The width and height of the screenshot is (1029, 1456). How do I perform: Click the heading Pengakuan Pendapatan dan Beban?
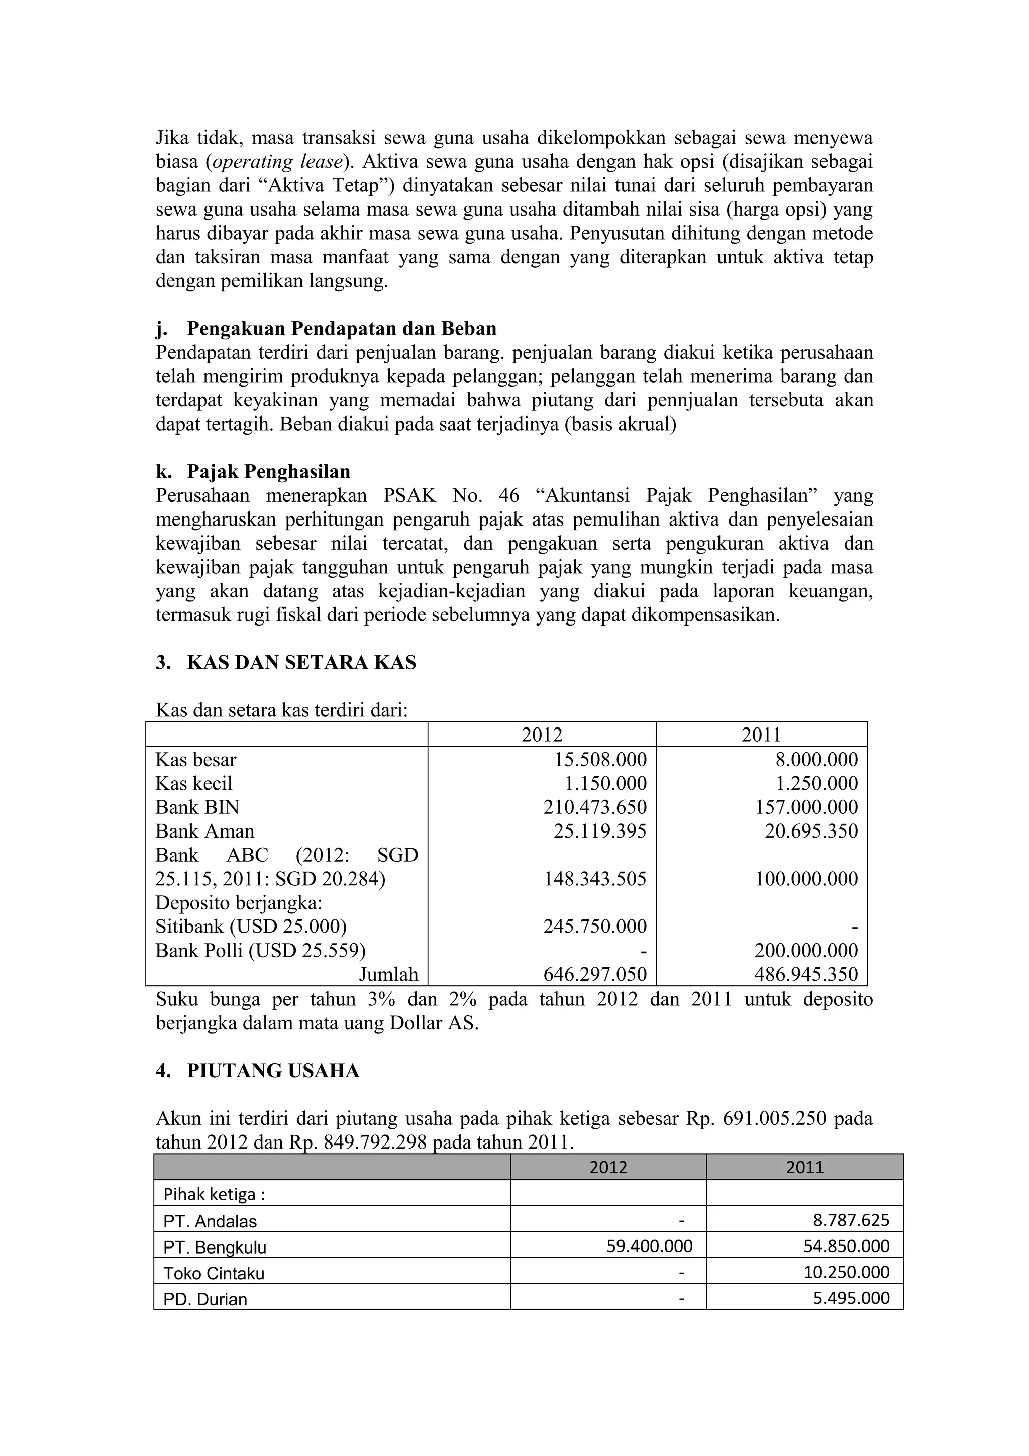(341, 329)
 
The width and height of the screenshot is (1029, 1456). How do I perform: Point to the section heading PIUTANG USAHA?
(273, 1071)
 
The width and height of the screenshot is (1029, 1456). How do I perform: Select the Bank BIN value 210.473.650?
(595, 807)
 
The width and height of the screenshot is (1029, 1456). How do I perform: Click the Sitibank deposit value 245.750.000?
(595, 926)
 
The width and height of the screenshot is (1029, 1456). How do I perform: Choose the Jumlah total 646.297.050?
(595, 974)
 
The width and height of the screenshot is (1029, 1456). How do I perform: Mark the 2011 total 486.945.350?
(806, 974)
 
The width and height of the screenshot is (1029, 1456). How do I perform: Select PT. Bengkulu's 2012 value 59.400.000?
(649, 1246)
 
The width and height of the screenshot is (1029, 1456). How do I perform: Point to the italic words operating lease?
(277, 162)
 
